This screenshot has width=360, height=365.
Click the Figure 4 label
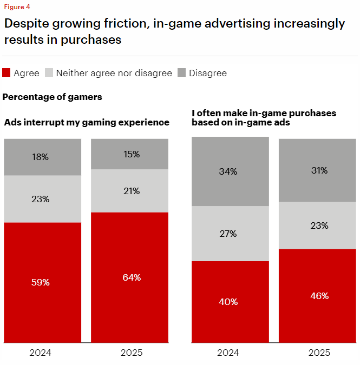click(x=17, y=7)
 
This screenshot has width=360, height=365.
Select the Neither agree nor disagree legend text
click(x=114, y=73)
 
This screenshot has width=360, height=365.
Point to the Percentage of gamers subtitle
click(x=53, y=97)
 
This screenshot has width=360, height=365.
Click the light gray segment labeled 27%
click(x=230, y=234)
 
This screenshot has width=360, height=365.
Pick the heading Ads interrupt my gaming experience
click(x=87, y=123)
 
